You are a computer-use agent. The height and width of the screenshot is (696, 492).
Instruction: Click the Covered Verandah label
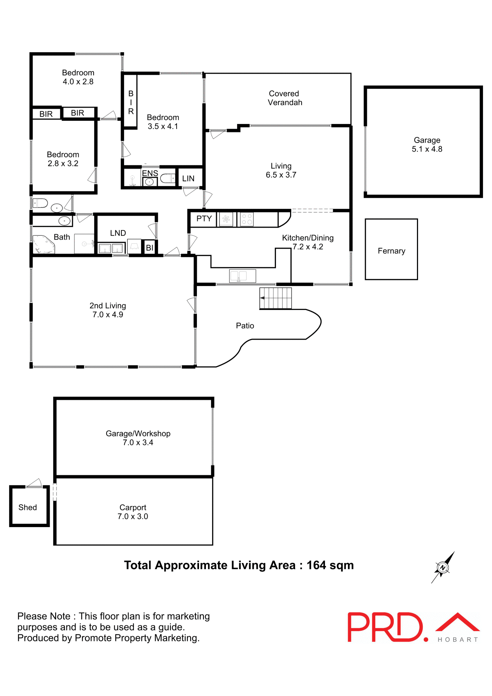tap(285, 98)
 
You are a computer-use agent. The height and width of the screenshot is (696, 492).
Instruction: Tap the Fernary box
tap(391, 250)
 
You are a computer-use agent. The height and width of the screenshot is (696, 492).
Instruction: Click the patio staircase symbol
tap(276, 298)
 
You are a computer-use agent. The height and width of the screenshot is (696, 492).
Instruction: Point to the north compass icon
tap(443, 567)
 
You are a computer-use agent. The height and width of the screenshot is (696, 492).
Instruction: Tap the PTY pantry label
tap(204, 219)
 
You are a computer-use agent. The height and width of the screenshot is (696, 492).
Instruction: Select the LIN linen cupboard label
tap(188, 178)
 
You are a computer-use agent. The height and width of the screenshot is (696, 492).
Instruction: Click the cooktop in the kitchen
tap(247, 219)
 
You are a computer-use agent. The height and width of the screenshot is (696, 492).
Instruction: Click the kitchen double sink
tap(243, 276)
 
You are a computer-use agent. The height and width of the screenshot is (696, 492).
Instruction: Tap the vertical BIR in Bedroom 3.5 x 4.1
tap(131, 102)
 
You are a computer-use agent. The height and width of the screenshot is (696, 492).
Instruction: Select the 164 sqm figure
tap(330, 565)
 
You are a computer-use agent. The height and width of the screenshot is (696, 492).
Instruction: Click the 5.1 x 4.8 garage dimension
tap(427, 149)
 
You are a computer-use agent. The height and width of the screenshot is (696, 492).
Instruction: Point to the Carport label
tap(133, 507)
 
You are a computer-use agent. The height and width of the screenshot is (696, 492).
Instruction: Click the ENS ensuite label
tap(150, 173)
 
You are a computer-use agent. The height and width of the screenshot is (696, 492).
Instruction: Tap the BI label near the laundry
tap(149, 248)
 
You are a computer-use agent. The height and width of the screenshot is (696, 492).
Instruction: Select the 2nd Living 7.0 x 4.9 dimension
tap(108, 315)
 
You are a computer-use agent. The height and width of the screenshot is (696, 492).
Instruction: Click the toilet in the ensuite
tap(167, 178)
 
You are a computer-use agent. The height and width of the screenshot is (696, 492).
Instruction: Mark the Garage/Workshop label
tap(138, 434)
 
